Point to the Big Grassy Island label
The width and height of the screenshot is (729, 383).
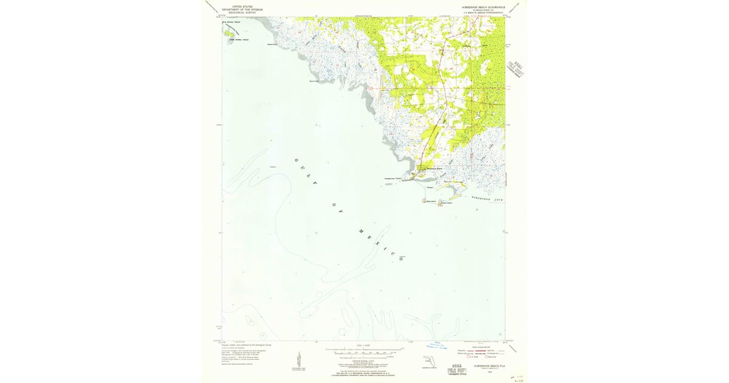pyautogui.click(x=233, y=22)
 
